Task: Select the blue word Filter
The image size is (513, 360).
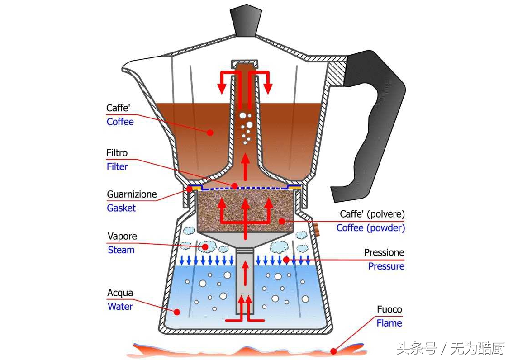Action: tap(117, 166)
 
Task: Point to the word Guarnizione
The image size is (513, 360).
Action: tap(132, 194)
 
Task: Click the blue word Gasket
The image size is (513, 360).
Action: tap(121, 208)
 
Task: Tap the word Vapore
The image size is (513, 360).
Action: tap(122, 236)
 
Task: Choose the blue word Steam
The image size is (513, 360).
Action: tap(121, 250)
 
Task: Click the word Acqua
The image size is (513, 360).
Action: tap(120, 293)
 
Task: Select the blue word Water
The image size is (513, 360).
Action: tap(120, 306)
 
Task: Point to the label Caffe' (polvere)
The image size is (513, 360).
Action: tap(372, 213)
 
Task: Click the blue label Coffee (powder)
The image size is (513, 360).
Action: tap(370, 227)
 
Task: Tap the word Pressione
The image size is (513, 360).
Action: tap(384, 252)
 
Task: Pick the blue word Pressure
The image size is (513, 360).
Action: tap(386, 266)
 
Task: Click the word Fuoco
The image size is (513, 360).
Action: tap(389, 309)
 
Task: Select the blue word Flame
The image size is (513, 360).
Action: tap(389, 323)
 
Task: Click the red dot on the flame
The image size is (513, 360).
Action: tap(333, 350)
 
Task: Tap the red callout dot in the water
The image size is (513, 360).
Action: tap(177, 312)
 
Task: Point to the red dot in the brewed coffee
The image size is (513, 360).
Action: tap(209, 133)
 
